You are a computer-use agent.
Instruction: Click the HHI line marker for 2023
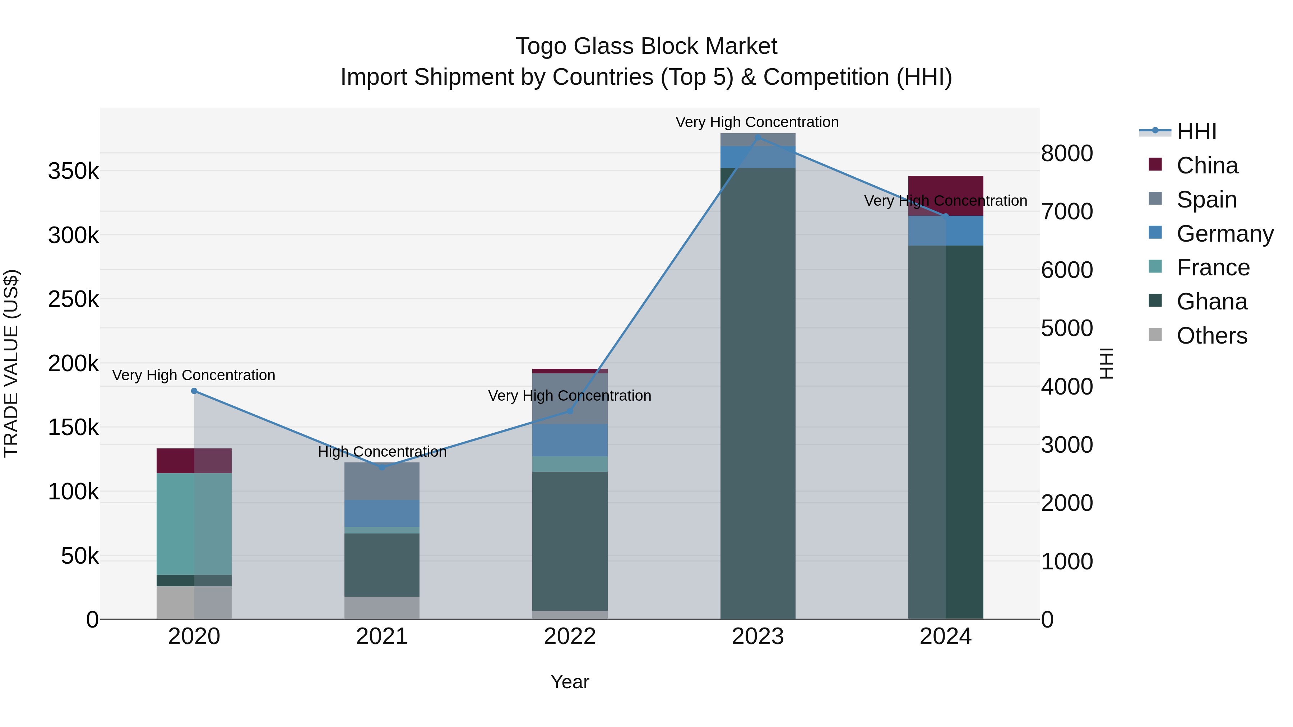click(x=757, y=137)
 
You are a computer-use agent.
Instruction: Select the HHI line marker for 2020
click(x=194, y=391)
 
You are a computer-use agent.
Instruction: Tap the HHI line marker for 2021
click(x=382, y=467)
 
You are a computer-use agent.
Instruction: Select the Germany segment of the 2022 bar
click(x=570, y=440)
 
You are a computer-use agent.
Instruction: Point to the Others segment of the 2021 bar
click(x=382, y=607)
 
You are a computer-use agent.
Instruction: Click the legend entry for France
click(x=1212, y=267)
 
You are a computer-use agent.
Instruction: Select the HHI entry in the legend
click(x=1196, y=131)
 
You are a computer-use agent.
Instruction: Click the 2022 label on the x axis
click(x=570, y=636)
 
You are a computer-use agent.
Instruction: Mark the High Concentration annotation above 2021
click(x=382, y=452)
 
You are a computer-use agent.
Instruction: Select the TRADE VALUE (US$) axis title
click(x=11, y=363)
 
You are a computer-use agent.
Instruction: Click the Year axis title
click(x=570, y=682)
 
